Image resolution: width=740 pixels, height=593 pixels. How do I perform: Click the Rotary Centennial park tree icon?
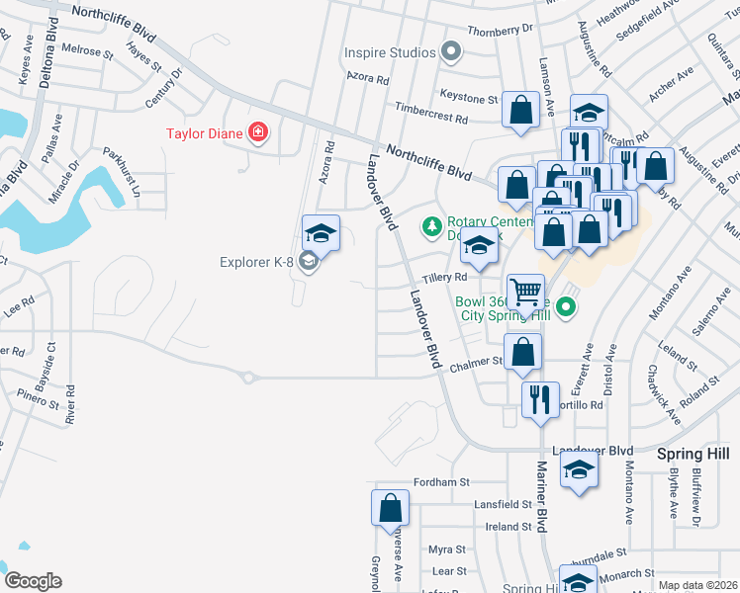pos(431,227)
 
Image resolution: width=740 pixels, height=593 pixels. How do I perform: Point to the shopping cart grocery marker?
pos(526,292)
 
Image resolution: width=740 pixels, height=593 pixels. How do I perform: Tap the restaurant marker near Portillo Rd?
pos(540,399)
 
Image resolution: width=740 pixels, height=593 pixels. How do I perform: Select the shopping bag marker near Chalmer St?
pos(522,351)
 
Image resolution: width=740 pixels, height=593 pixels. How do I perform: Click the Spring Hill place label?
pos(694,452)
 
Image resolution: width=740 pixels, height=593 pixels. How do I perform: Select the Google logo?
pos(33,581)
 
